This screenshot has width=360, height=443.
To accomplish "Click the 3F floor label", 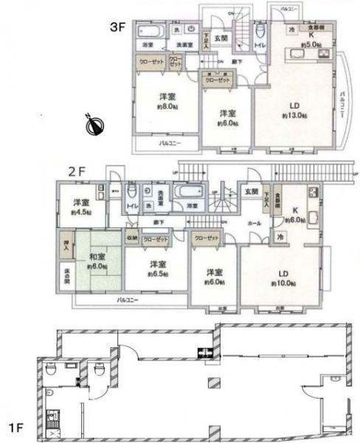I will click(119, 29).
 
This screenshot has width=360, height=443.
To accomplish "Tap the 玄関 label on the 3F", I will click(221, 37).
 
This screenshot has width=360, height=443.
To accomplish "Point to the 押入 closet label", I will click(64, 246).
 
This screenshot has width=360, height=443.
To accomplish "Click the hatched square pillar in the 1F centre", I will click(214, 383).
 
